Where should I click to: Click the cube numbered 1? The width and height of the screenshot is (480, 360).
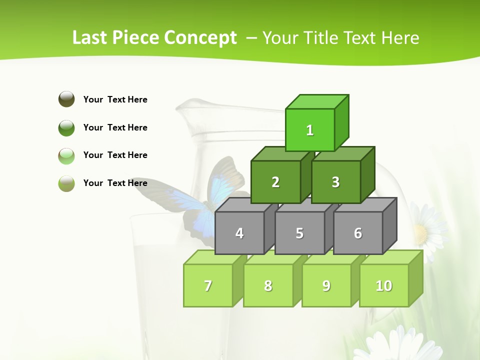coord(310,130)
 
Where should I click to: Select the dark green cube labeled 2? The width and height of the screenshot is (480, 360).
coord(275,182)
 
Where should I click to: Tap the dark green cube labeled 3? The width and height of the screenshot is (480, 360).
coord(335,182)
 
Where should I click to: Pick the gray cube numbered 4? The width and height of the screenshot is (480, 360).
coord(239,233)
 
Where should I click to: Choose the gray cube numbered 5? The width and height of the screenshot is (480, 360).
coord(299,233)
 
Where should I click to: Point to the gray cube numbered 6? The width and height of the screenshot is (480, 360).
coord(358,233)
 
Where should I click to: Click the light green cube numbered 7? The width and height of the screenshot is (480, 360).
coord(208,285)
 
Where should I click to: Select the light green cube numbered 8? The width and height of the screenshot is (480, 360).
coord(268,285)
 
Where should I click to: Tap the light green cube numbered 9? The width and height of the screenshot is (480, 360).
coord(326,285)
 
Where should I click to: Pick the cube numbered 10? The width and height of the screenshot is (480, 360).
coord(384,285)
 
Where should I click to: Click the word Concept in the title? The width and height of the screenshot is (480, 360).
coord(200,38)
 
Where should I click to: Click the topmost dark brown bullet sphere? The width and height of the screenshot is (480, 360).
coord(66,99)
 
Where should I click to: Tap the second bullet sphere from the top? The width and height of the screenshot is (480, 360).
coord(66,127)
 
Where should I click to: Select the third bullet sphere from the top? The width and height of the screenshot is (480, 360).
coord(66,155)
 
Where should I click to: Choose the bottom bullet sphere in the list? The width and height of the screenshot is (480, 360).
coord(66,183)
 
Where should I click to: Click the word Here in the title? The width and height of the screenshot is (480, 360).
coord(400,38)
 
